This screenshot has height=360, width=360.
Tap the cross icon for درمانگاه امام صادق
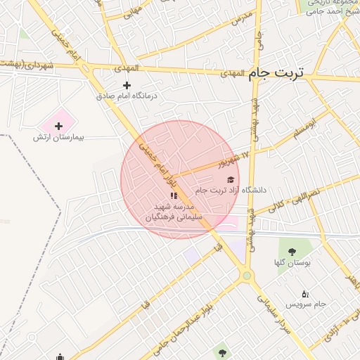[x=127, y=85]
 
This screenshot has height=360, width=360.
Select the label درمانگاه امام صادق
[x=127, y=95]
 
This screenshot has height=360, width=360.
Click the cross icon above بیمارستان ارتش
[x=58, y=125]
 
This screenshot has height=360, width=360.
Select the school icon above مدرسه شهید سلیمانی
[x=174, y=195]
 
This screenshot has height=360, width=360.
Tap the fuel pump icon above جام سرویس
[x=304, y=293]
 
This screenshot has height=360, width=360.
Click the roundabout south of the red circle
[x=246, y=276]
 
